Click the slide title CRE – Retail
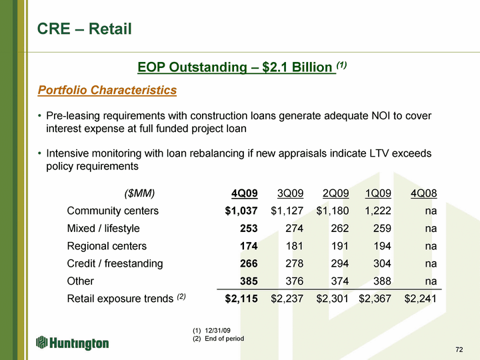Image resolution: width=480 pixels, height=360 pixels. (x=84, y=29)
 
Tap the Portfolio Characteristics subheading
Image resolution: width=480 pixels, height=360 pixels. (x=107, y=90)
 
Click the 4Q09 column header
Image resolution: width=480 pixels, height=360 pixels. (x=244, y=193)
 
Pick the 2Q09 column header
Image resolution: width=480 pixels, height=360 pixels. (x=335, y=193)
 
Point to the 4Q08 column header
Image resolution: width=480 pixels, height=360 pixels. (x=424, y=193)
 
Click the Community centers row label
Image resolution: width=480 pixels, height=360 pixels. (x=113, y=211)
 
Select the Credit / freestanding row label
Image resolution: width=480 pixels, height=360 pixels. (x=115, y=263)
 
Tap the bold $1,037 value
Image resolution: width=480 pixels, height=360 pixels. (x=241, y=211)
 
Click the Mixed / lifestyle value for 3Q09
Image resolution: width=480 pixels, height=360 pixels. (x=294, y=229)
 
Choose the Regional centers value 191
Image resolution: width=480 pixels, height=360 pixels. (x=340, y=246)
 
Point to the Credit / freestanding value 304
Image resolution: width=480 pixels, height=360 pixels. (x=382, y=263)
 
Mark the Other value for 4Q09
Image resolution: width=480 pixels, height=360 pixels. (x=249, y=281)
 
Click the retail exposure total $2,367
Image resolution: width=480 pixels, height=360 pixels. (x=375, y=299)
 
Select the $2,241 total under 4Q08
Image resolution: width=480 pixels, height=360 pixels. (x=420, y=299)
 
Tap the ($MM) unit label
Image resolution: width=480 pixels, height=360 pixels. (x=139, y=193)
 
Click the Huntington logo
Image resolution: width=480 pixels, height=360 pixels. (x=72, y=343)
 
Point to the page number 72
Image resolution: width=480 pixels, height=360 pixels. (x=459, y=349)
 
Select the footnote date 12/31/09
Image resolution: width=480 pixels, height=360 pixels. (x=217, y=330)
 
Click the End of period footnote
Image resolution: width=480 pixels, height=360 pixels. (x=225, y=339)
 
